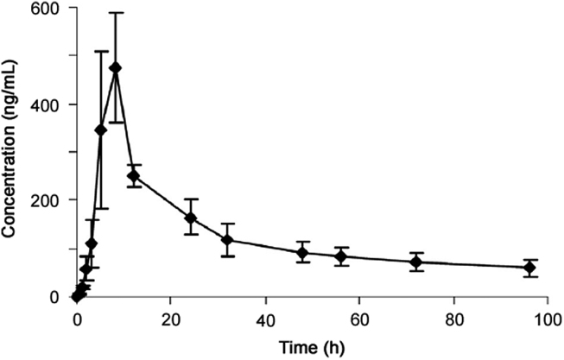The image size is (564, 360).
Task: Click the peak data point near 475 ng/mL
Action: click(115, 68)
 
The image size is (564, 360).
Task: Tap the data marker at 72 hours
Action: click(415, 262)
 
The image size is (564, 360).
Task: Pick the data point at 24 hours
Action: click(190, 218)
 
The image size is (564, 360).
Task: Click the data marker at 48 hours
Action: click(302, 253)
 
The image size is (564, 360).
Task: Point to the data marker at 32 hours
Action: click(228, 240)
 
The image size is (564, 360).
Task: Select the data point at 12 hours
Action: click(134, 176)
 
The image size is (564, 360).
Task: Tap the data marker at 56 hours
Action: click(340, 256)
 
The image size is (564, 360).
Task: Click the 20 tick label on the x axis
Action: click(171, 314)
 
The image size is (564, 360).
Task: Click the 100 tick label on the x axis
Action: click(547, 314)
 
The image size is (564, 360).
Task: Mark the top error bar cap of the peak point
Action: click(115, 13)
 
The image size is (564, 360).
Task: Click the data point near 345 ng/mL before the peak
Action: click(101, 129)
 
